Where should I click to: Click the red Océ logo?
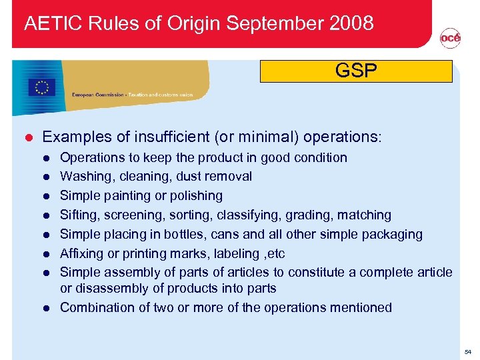click(x=450, y=39)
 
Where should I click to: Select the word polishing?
click(x=194, y=196)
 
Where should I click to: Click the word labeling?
click(x=226, y=253)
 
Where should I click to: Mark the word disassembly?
click(x=109, y=288)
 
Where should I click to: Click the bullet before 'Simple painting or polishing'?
click(x=47, y=196)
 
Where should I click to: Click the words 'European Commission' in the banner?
click(x=98, y=95)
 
